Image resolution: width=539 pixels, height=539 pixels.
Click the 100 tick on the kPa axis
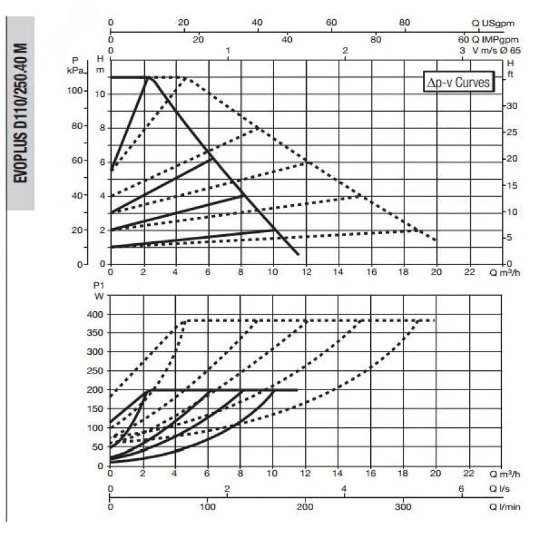point(76,90)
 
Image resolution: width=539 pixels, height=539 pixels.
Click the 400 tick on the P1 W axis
point(94,314)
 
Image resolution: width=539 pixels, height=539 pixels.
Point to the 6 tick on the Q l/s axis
point(461,489)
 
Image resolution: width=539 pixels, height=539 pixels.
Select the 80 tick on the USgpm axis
point(405,22)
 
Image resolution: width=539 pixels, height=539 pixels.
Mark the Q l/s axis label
point(501,489)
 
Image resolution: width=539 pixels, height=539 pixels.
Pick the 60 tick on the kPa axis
point(78,160)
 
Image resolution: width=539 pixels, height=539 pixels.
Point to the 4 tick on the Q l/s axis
point(344,489)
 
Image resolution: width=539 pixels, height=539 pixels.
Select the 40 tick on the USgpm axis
point(257,22)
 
